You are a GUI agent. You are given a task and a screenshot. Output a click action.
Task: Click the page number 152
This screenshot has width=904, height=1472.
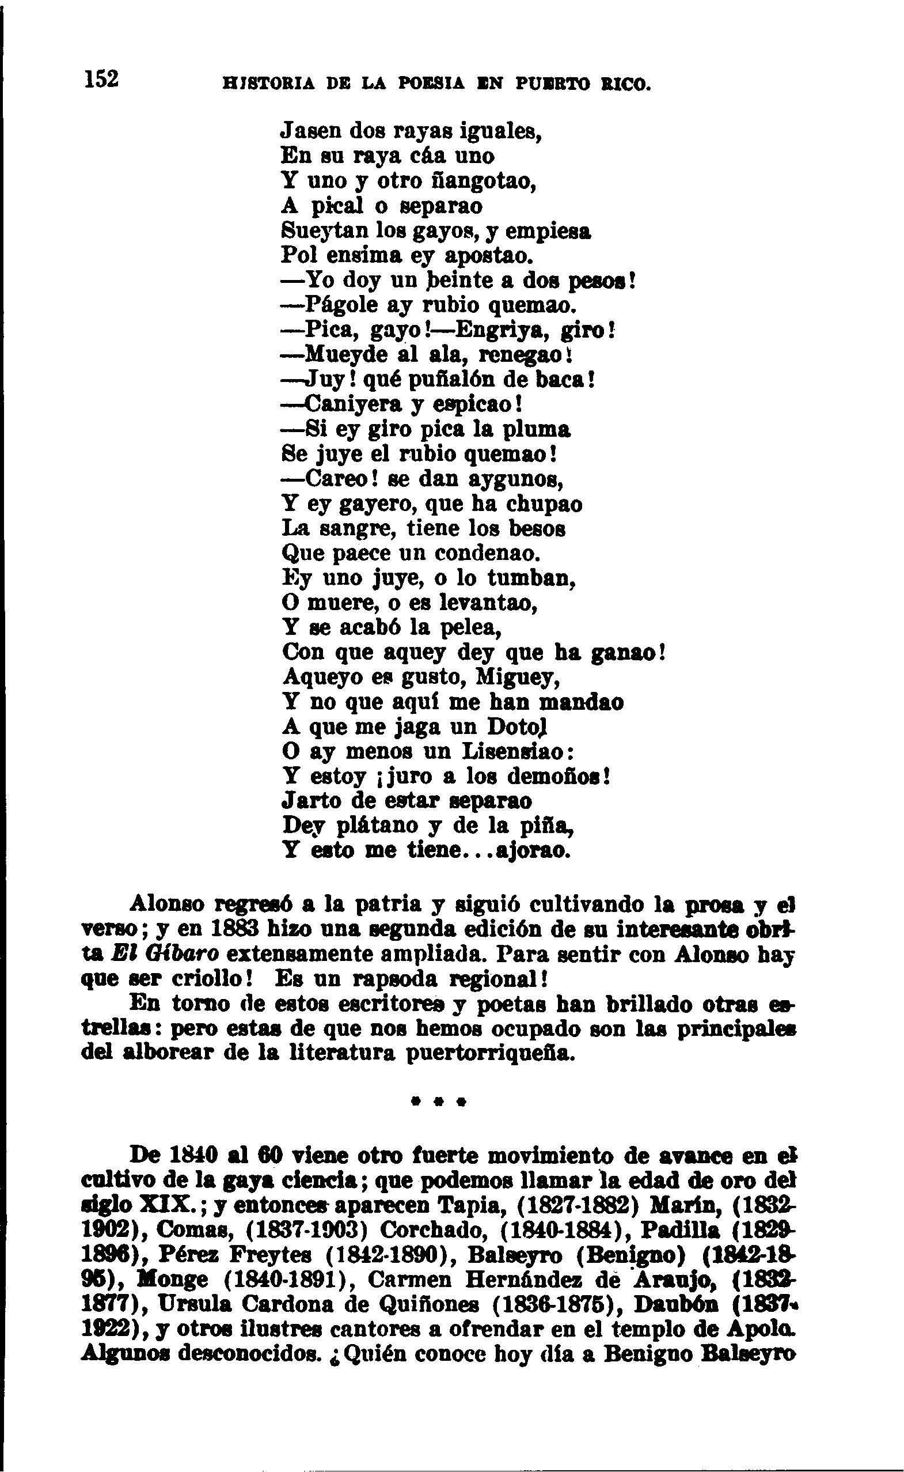click(x=102, y=78)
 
